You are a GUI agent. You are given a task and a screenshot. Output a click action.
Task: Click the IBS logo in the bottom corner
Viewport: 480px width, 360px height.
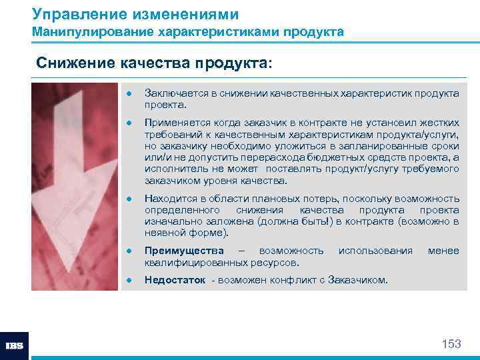coord(15,346)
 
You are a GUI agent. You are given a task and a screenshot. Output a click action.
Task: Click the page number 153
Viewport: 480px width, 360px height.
coord(451,344)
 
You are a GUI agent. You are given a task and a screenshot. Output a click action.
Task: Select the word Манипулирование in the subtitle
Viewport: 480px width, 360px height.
coord(89,31)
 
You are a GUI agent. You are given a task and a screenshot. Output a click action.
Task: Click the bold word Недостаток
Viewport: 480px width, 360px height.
coord(175,280)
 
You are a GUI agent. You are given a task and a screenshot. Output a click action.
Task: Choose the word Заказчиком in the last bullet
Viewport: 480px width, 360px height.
coord(358,280)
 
